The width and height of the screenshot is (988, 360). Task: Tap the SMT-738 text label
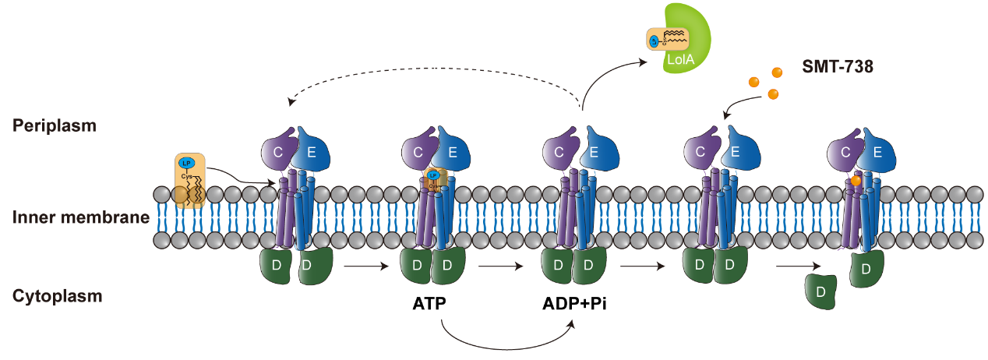point(838,68)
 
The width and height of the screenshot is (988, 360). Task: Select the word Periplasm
point(55,125)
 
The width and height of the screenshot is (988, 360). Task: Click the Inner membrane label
point(81,217)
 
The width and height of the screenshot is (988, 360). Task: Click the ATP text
point(429,304)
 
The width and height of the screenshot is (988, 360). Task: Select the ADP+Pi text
point(574,304)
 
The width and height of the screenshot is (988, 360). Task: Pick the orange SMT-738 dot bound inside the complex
point(856,181)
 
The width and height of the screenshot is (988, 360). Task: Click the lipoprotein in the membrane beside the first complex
point(190,181)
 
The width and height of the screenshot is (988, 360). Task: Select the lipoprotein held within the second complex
point(433,179)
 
